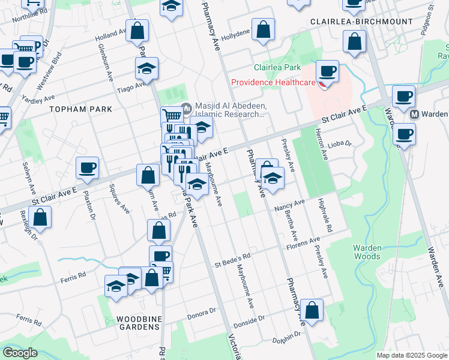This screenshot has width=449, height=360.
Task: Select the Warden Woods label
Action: [x=366, y=252]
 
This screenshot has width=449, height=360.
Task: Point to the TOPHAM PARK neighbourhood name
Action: [x=80, y=109]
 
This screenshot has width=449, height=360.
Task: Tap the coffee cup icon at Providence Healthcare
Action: [x=327, y=71]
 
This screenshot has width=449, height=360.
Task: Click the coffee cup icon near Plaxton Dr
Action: [x=88, y=167]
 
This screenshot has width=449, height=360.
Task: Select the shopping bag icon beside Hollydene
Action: [x=263, y=29]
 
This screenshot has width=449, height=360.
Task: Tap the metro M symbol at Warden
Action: [x=414, y=114]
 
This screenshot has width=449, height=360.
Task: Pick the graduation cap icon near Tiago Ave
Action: [x=146, y=70]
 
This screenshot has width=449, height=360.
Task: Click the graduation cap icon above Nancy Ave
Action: [x=273, y=179]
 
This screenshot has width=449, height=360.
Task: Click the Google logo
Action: [x=19, y=353]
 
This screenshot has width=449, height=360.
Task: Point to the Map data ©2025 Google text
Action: [x=411, y=355]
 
